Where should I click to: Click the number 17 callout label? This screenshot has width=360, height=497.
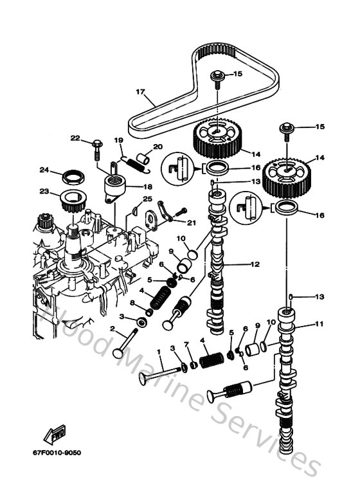139,91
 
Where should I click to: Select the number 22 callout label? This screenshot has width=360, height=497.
75,138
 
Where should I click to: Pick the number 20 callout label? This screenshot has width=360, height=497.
158,147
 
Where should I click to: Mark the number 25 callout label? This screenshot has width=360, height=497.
148,199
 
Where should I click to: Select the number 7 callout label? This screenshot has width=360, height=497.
185,346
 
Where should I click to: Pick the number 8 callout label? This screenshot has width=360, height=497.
132,302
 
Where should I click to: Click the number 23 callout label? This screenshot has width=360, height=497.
44,190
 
